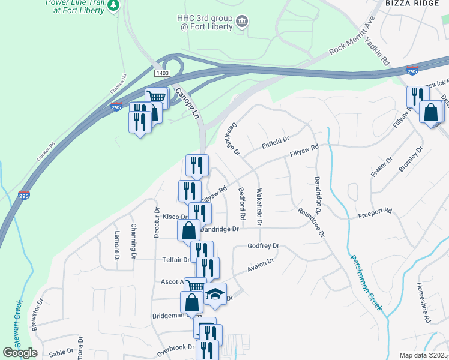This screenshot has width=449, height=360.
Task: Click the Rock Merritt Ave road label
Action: coord(352,41)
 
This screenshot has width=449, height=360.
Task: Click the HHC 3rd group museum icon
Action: coord(241,22)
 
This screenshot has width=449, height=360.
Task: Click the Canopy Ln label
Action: coord(187,104)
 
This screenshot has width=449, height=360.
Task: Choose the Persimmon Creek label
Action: coord(365,279)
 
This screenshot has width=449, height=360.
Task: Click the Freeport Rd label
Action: coord(375,211)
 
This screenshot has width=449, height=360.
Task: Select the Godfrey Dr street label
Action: coord(264,246)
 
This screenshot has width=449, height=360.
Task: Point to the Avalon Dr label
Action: coord(261,266)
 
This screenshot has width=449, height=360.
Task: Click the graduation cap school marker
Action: coord(215,294)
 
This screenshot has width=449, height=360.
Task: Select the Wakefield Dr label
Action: coord(259,208)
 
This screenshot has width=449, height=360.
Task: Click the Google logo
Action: coord(20,353)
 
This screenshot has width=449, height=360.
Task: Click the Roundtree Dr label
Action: coord(311,222)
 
